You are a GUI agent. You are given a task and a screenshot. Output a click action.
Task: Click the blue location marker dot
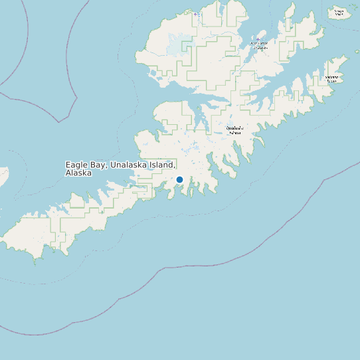click(179, 179)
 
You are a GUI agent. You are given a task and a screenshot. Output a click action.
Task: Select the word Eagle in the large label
click(76, 165)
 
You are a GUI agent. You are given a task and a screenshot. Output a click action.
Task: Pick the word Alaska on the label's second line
click(78, 173)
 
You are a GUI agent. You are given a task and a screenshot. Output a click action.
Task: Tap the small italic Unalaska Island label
click(235, 130)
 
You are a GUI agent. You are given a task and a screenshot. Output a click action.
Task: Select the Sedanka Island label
click(331, 78)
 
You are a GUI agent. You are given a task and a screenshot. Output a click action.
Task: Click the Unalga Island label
click(339, 12)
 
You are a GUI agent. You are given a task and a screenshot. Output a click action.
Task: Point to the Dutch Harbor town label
click(259, 43)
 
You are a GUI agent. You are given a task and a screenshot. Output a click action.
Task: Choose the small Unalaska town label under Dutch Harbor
click(260, 48)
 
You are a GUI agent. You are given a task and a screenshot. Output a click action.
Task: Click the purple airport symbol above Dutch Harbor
click(258, 39)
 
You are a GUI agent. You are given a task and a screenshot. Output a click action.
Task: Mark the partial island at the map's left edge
click(3, 176)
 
